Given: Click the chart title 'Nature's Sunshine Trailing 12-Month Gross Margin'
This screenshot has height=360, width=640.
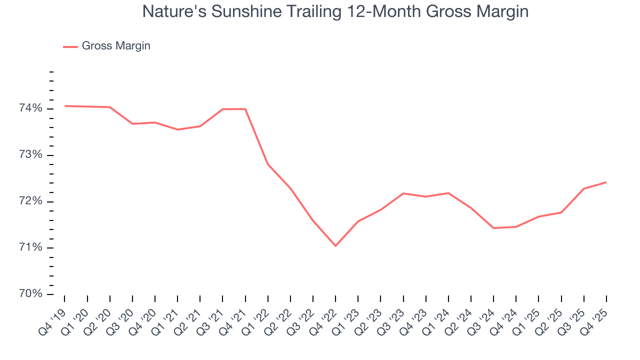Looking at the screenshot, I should click(x=335, y=11).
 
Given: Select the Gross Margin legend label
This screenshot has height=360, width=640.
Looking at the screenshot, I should click(x=116, y=46).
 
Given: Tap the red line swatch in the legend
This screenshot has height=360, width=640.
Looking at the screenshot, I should click(x=70, y=46).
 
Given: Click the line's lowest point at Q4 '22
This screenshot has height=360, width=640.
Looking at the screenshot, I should click(x=335, y=246).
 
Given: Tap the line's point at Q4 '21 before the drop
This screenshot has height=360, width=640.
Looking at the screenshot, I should click(x=245, y=109).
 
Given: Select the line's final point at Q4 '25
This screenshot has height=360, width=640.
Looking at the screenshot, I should click(x=606, y=182).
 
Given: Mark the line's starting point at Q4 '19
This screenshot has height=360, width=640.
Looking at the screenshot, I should click(x=65, y=106).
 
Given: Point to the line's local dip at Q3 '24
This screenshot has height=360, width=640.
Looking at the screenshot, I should click(x=493, y=228).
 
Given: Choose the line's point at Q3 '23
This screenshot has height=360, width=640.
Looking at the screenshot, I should click(x=403, y=193).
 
